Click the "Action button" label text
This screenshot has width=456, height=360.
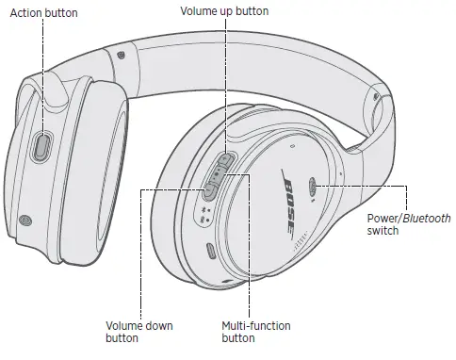42,13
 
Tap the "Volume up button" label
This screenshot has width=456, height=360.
223,11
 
